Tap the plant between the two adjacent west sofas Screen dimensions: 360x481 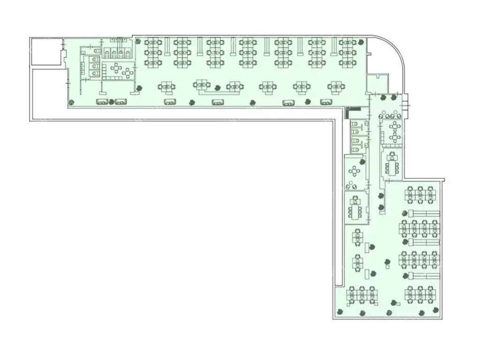[x=111, y=102]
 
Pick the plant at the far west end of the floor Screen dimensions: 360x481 [x=70, y=102]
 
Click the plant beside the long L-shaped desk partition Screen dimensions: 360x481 [x=217, y=87]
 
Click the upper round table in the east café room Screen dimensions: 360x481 [x=395, y=126]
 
